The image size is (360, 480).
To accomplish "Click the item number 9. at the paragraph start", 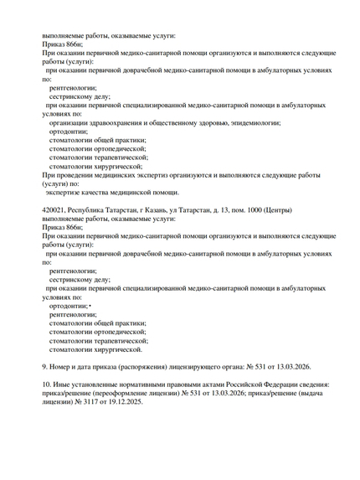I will pos(45,366).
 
